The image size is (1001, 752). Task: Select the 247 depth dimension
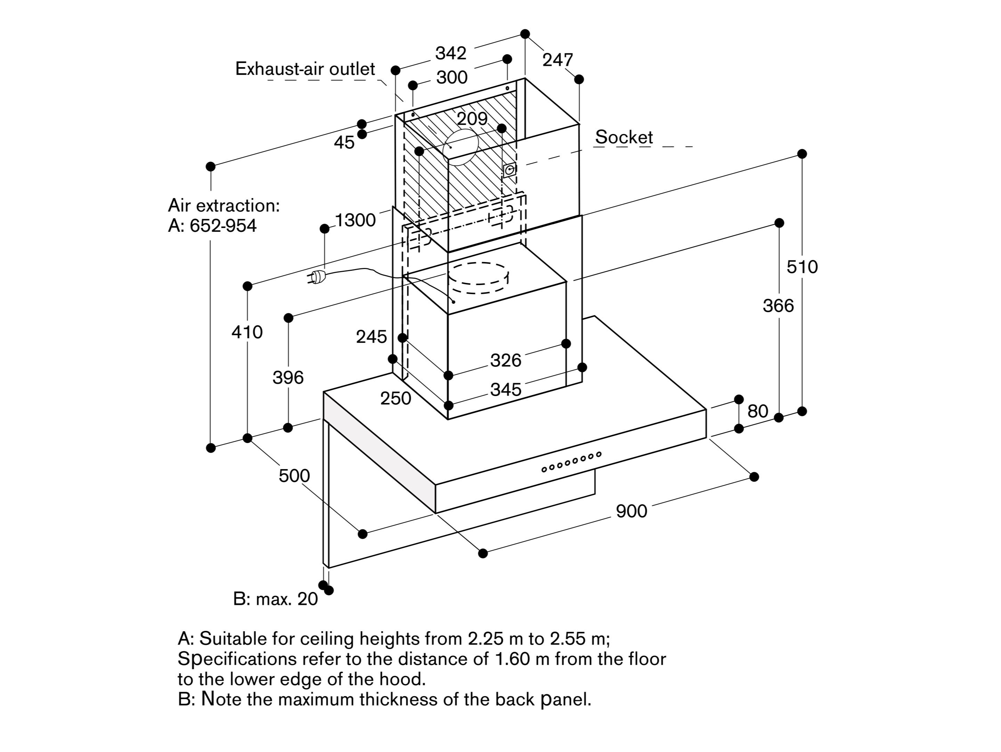[558, 60]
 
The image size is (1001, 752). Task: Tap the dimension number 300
[451, 78]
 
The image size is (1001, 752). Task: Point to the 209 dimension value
[472, 119]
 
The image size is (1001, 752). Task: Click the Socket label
[624, 137]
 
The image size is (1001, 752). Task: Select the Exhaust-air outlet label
[305, 69]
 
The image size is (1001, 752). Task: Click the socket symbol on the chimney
[510, 170]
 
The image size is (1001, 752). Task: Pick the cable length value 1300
[355, 220]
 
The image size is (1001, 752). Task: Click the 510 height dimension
[802, 267]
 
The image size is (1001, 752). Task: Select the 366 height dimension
[778, 306]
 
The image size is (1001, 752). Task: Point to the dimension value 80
[758, 411]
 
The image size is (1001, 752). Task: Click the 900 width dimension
[631, 511]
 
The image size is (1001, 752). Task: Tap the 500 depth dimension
[294, 476]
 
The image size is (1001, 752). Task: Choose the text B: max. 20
[275, 599]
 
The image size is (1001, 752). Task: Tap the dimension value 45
[344, 143]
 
